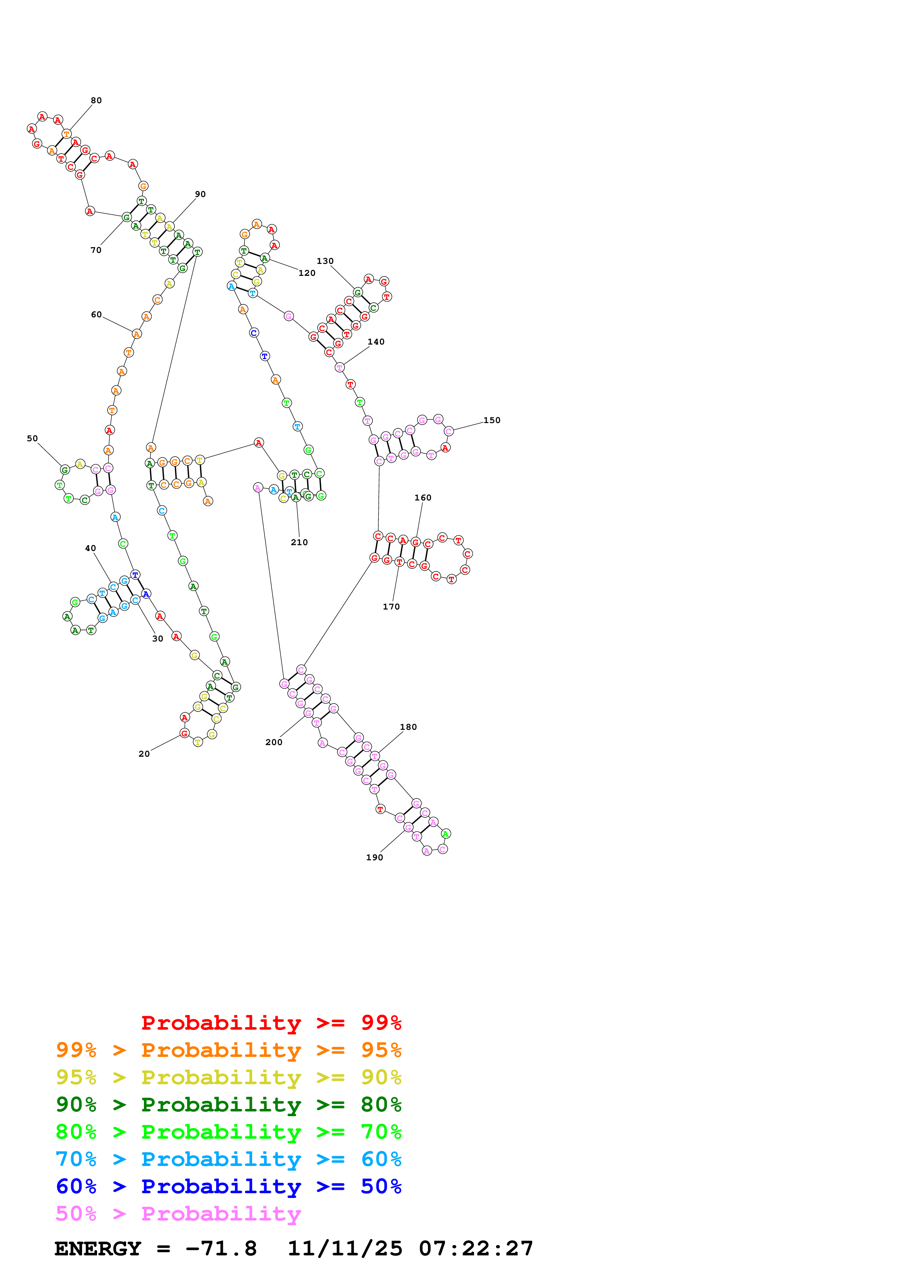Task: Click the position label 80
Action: click(x=96, y=101)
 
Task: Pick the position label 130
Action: click(x=325, y=261)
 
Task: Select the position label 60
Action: click(x=96, y=314)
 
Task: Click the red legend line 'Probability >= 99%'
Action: click(x=271, y=1022)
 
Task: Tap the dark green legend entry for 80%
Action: click(x=228, y=1105)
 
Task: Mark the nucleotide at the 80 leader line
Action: click(x=67, y=134)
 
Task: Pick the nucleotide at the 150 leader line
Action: click(x=449, y=431)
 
